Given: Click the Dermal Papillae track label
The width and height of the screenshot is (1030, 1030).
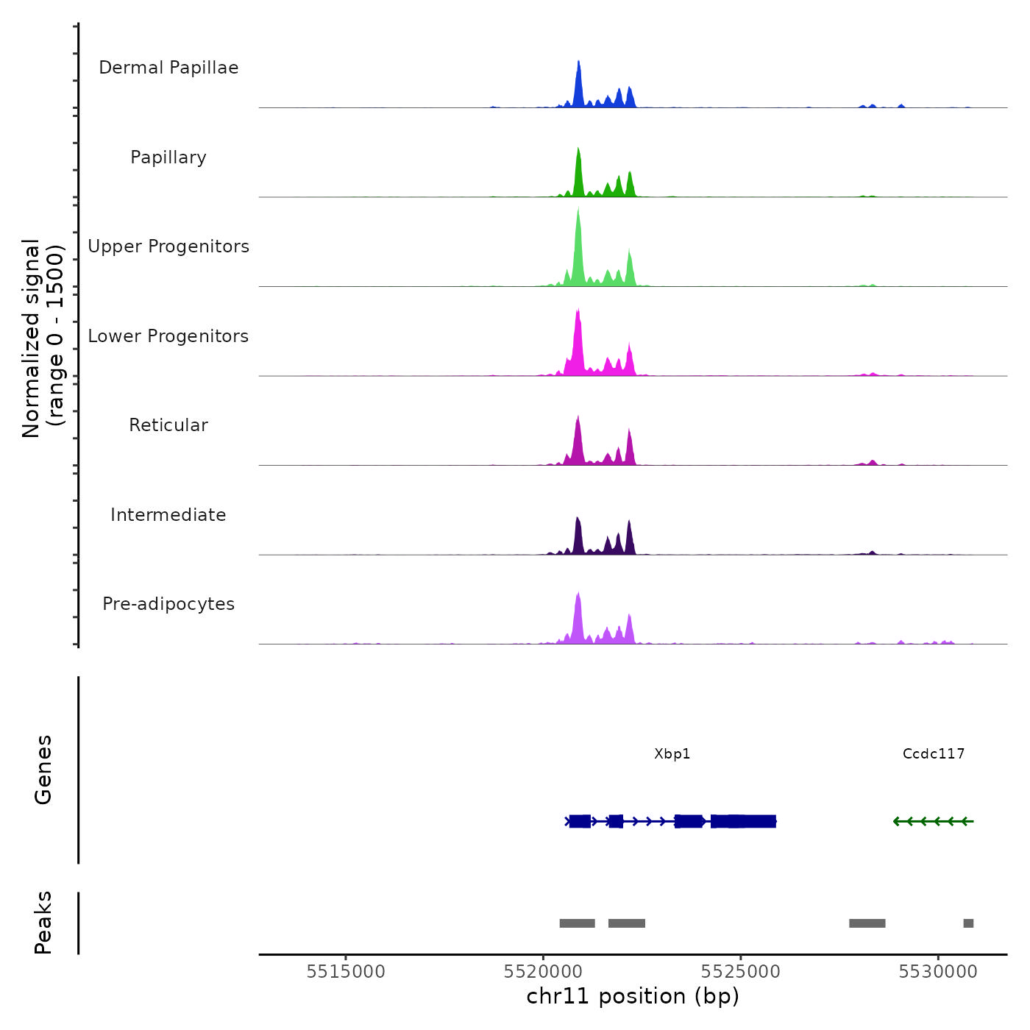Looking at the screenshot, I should pyautogui.click(x=168, y=68).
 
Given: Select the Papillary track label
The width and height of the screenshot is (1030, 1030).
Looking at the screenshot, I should pyautogui.click(x=168, y=157).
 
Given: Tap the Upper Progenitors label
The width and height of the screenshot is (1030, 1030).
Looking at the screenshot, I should pyautogui.click(x=168, y=246).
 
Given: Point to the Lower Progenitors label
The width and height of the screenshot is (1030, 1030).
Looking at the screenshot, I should pyautogui.click(x=168, y=336).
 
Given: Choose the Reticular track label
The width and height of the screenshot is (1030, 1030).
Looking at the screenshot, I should pyautogui.click(x=168, y=425).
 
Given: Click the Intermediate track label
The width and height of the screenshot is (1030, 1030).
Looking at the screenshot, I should pyautogui.click(x=168, y=515).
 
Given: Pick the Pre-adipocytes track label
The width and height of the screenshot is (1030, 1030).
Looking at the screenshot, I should pyautogui.click(x=168, y=604).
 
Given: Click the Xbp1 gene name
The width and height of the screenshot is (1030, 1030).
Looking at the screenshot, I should pyautogui.click(x=672, y=754).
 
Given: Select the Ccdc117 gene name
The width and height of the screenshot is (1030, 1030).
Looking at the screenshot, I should pyautogui.click(x=934, y=754).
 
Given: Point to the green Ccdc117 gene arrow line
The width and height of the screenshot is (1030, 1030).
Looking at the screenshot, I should pyautogui.click(x=934, y=821).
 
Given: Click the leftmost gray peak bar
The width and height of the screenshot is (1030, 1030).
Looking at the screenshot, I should pyautogui.click(x=577, y=923).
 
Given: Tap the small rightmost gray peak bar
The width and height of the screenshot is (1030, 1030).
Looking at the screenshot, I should pyautogui.click(x=968, y=923).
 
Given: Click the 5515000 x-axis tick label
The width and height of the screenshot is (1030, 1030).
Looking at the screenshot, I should pyautogui.click(x=346, y=972).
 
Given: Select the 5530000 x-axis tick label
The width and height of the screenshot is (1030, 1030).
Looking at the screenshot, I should pyautogui.click(x=938, y=972).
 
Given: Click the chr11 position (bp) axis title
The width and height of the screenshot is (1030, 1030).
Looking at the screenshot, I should pyautogui.click(x=633, y=997).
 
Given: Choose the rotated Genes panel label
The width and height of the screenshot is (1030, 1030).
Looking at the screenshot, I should pyautogui.click(x=43, y=770).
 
